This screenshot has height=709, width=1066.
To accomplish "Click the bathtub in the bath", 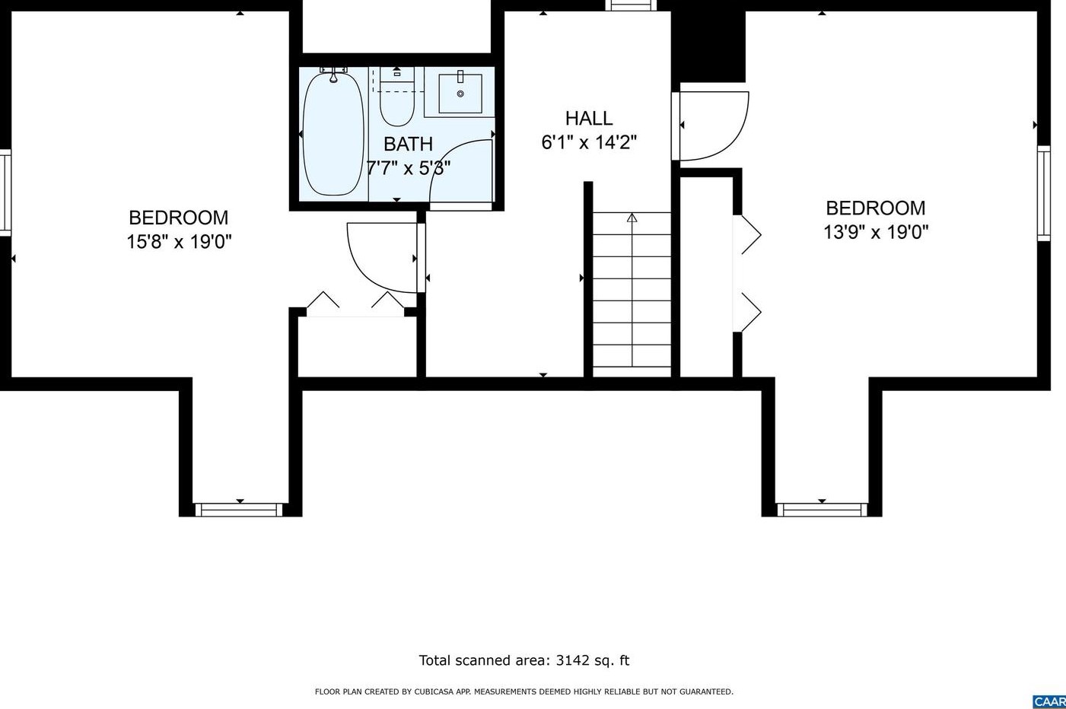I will click(333, 134).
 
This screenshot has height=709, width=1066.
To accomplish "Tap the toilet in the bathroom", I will click(396, 103).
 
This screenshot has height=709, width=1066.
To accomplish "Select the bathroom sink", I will click(460, 94).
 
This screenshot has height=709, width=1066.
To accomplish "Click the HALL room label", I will click(589, 119).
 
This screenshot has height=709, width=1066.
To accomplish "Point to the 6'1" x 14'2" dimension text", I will click(589, 142).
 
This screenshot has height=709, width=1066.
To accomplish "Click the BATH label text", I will click(408, 144).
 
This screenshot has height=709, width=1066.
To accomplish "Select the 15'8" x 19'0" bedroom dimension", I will click(179, 242).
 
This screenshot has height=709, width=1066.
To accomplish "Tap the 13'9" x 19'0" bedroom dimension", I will click(876, 232).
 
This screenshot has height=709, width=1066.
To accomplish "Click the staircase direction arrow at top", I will click(632, 218).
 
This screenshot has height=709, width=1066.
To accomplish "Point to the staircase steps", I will click(632, 297).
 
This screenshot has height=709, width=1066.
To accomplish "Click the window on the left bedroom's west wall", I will click(5, 192).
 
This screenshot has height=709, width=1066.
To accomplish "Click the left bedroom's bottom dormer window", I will click(240, 510).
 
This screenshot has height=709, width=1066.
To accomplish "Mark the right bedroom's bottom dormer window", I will click(822, 510).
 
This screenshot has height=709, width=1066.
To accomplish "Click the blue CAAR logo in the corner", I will click(1050, 701).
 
